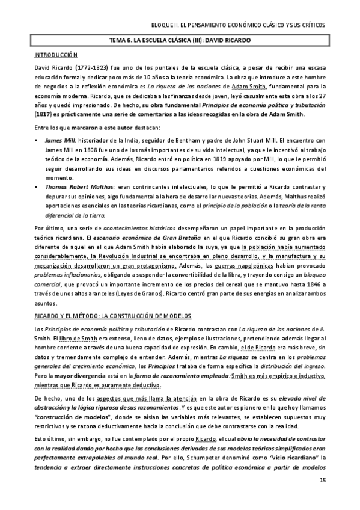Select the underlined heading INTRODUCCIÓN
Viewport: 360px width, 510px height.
pyautogui.click(x=53, y=55)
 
